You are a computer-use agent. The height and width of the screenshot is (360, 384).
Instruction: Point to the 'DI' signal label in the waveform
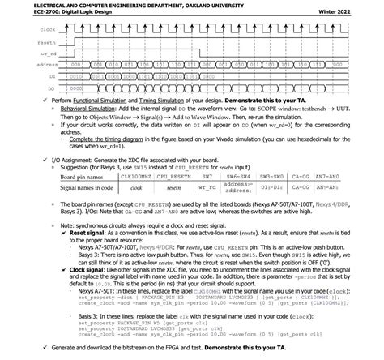[29, 75]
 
